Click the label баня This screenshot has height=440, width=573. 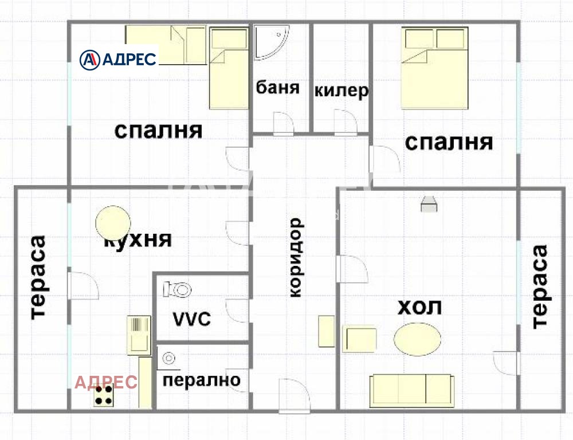point(278,88)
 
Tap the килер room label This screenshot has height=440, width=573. point(341,91)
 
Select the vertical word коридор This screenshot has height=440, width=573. point(295,257)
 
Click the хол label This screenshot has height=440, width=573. point(420,307)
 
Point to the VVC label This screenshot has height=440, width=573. point(192,319)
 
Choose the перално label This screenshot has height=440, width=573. point(202,379)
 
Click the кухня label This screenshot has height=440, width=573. point(138,239)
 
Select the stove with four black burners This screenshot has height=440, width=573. point(104,395)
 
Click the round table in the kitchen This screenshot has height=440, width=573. point(113,221)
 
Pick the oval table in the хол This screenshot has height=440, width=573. point(418,339)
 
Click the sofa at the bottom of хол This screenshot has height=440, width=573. point(412,390)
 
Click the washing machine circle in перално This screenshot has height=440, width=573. point(169,358)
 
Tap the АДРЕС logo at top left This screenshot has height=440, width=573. point(118,58)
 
